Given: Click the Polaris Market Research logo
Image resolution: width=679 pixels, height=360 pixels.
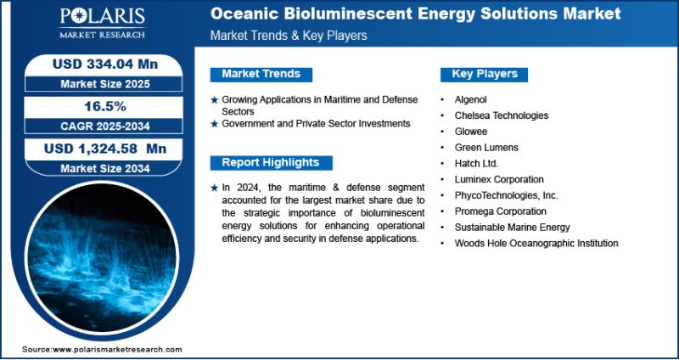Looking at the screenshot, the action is pos(102,23).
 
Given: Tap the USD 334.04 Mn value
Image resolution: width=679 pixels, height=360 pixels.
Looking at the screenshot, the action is pos(105,65).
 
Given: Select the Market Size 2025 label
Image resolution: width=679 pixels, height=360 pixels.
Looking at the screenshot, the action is pos(105,83).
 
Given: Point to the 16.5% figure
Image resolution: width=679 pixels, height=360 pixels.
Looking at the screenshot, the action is pos(105,107).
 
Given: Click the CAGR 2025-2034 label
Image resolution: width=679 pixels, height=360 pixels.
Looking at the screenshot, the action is pos(105,126).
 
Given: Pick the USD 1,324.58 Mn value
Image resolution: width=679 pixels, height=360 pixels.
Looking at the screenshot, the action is pos(105,149).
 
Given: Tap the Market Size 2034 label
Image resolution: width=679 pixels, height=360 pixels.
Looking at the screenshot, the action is pos(105,168).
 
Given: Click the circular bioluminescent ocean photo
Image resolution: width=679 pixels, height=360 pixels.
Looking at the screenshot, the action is pos(102,260).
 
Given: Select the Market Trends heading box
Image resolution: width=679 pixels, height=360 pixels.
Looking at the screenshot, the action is pos(261,74).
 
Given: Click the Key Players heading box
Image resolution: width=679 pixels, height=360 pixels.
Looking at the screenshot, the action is pos(484,74).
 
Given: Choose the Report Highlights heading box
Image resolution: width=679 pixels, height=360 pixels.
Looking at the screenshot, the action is pos(271,162).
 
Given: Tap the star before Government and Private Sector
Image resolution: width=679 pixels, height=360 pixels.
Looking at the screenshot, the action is pos(214,124).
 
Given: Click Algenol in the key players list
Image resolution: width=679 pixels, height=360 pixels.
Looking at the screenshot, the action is pos(470,99).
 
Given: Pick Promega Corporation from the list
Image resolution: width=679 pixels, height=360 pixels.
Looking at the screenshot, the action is pos(500,211).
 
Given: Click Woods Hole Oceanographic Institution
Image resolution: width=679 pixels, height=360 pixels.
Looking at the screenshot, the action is pos(536,244).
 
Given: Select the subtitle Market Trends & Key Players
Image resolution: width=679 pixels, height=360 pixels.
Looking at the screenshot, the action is pos(289,36).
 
